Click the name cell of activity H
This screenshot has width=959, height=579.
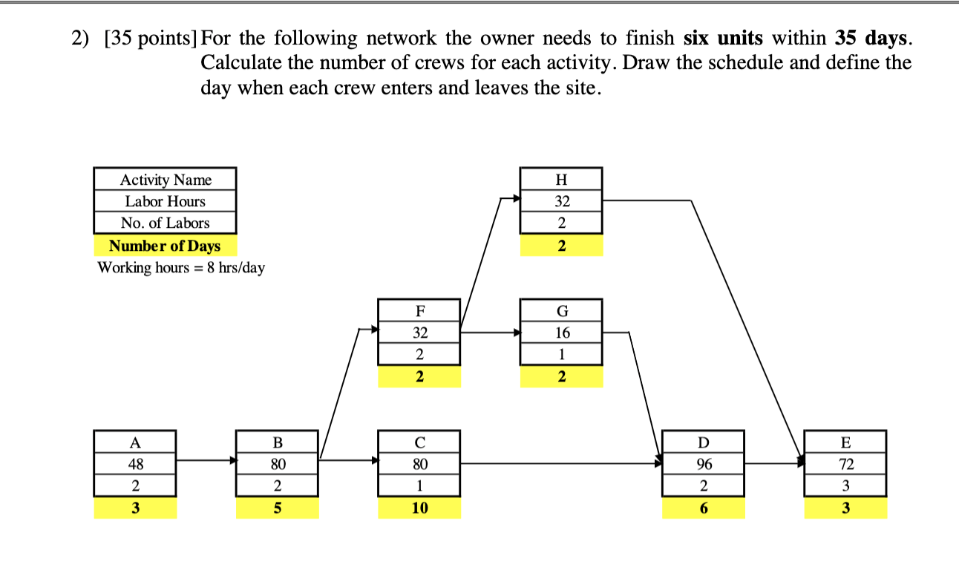tap(561, 179)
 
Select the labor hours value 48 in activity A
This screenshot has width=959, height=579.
tap(135, 465)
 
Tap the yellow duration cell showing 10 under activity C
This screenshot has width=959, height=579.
tap(419, 508)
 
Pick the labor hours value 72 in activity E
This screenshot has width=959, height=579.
tap(845, 465)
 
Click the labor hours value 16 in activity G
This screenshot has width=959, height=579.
tap(561, 333)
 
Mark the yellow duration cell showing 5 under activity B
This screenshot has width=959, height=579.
tap(278, 508)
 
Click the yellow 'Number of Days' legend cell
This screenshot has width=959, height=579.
tap(165, 246)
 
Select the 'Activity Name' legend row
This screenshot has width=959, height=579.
tap(165, 180)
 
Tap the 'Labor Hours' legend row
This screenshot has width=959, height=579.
tap(165, 201)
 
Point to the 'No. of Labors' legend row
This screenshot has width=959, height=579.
tap(165, 223)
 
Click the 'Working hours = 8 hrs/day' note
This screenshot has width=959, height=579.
tap(180, 268)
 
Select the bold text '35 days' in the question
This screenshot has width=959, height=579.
tap(872, 37)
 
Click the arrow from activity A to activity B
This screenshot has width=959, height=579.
tap(206, 461)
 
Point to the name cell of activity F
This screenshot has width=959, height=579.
tap(419, 310)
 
